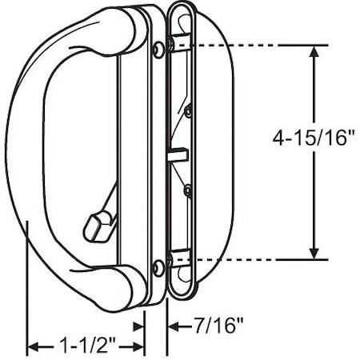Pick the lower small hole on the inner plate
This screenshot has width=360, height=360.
click(187, 190)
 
